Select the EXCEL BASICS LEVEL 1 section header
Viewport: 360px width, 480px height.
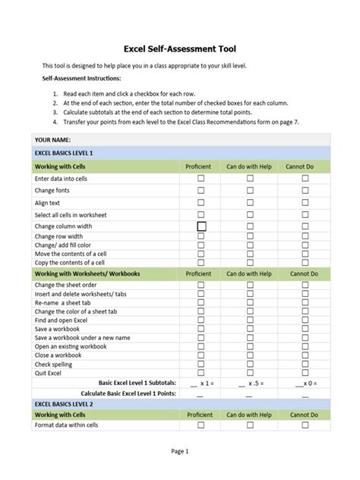(x=64, y=153)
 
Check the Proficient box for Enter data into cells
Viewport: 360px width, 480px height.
(x=201, y=178)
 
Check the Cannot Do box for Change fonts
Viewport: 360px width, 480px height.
(x=305, y=191)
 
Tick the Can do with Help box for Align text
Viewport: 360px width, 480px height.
(x=249, y=203)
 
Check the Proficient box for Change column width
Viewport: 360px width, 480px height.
(x=201, y=226)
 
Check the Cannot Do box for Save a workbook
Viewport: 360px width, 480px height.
(x=305, y=329)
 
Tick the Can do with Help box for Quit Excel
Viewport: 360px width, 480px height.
(x=249, y=372)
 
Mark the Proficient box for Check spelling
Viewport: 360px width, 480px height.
(x=201, y=364)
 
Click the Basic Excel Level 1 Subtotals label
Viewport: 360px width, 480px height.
(x=137, y=383)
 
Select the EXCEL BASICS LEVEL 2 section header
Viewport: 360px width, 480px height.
(x=64, y=403)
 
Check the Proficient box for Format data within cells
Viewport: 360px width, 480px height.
(x=201, y=426)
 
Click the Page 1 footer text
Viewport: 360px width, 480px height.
(x=180, y=451)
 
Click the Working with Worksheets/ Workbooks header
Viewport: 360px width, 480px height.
(x=87, y=273)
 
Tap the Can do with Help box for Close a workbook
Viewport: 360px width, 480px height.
(x=249, y=355)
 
